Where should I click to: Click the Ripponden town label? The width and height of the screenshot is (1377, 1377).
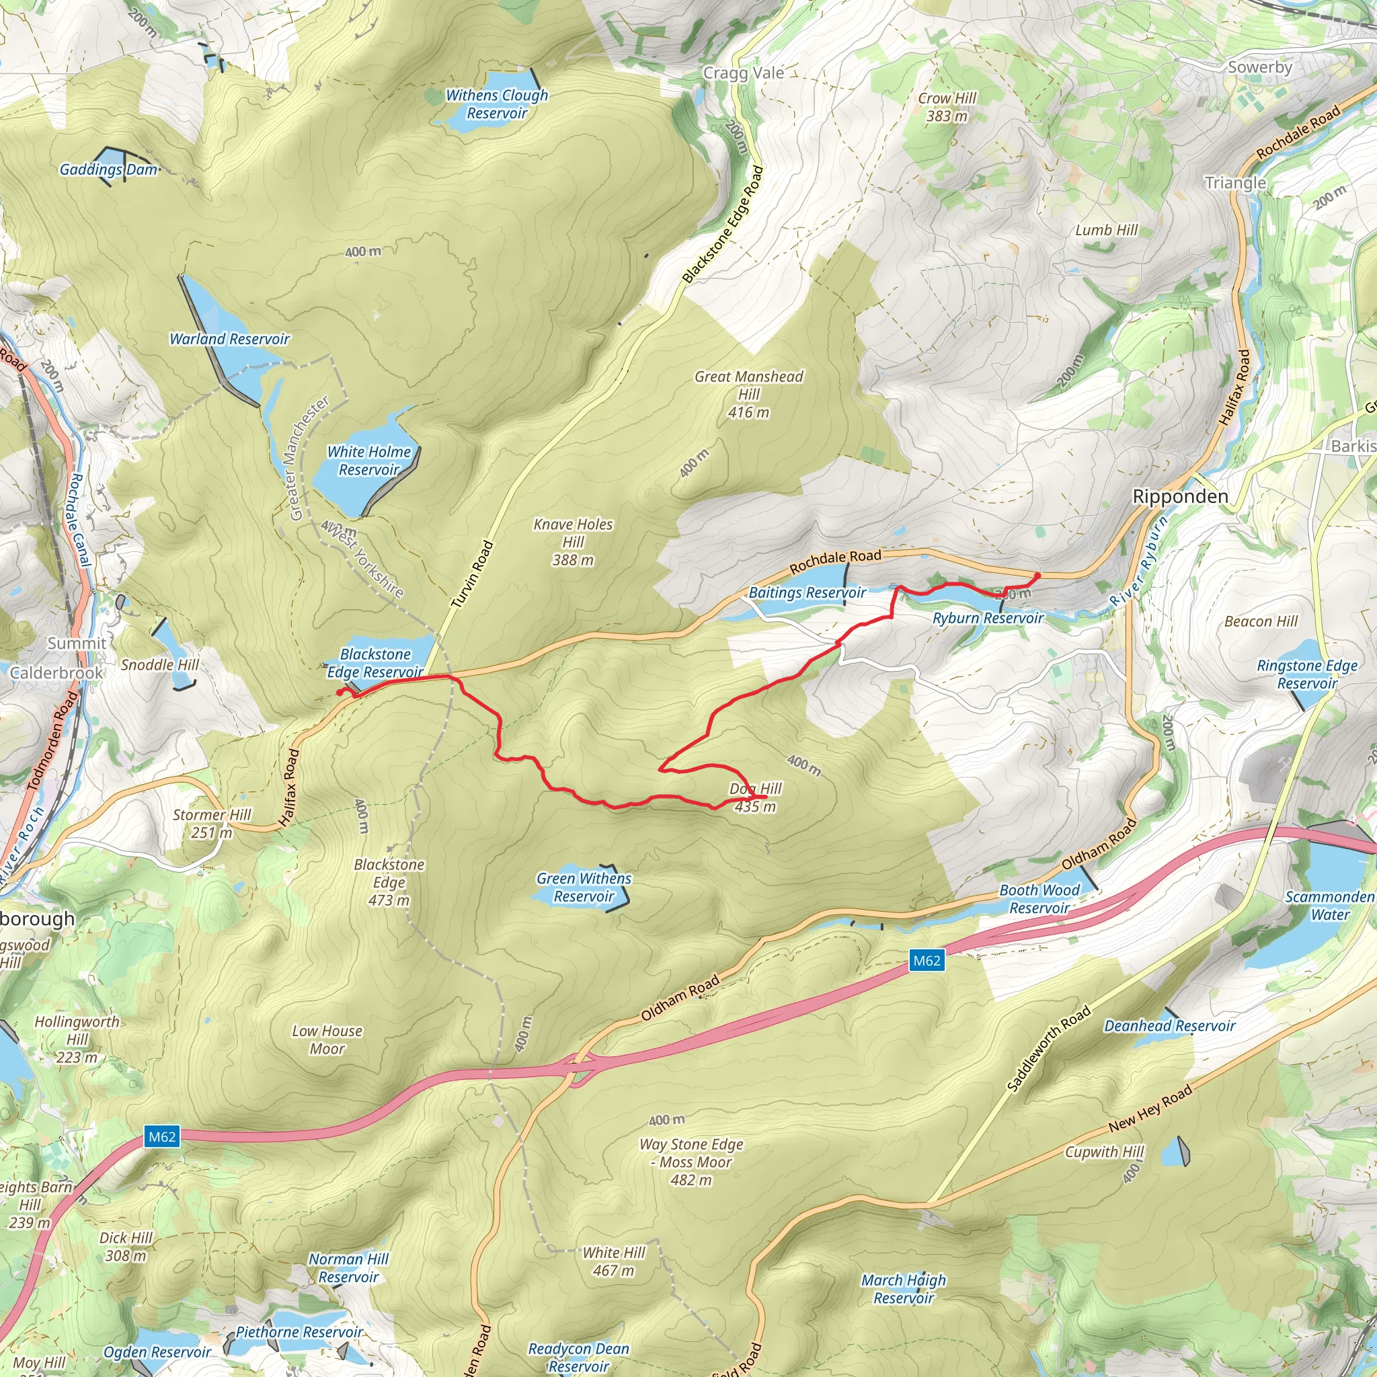click(x=1180, y=497)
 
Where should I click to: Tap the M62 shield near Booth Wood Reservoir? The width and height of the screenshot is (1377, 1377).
click(x=927, y=960)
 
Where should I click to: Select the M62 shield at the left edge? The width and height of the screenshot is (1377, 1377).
click(x=162, y=1136)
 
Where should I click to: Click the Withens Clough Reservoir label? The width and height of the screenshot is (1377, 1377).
click(x=497, y=104)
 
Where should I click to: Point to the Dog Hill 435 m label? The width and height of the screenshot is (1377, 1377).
click(x=756, y=797)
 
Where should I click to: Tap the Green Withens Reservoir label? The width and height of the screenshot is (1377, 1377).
click(x=584, y=888)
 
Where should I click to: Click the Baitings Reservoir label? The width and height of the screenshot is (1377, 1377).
click(x=807, y=593)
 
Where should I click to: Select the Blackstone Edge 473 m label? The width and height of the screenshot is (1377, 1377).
click(x=389, y=882)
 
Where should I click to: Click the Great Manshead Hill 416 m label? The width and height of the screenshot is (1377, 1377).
click(x=748, y=394)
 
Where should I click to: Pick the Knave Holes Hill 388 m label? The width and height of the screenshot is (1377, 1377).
click(x=573, y=542)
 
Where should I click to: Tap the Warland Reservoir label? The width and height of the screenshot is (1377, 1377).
click(x=229, y=340)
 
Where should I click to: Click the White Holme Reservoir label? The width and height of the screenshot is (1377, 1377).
click(x=368, y=461)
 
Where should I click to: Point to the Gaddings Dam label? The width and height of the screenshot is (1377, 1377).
click(x=108, y=169)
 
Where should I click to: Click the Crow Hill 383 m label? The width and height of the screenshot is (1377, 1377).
click(x=947, y=107)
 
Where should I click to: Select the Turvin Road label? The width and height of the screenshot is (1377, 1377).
click(x=472, y=574)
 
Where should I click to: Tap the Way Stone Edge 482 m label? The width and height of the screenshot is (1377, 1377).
click(x=691, y=1162)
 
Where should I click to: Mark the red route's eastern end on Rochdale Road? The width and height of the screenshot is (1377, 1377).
click(x=1037, y=575)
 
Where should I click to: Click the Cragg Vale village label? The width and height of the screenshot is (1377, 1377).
click(x=744, y=73)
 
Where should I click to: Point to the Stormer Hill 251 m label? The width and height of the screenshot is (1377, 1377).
click(x=212, y=823)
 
